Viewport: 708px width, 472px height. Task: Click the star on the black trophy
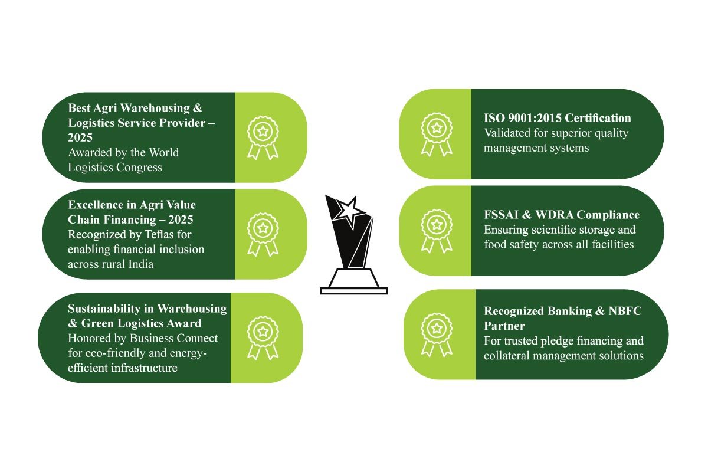(349, 210)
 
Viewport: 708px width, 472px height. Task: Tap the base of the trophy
(353, 281)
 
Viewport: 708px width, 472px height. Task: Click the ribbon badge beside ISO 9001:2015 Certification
(437, 135)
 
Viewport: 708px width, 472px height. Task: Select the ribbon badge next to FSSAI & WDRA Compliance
(437, 231)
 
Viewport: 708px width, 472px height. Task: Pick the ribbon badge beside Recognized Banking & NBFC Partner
(437, 335)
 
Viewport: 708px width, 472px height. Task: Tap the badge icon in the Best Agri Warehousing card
(263, 138)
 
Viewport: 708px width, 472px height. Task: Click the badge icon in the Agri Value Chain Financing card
(263, 235)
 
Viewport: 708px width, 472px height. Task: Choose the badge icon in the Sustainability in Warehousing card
(263, 338)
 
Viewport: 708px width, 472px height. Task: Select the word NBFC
(625, 311)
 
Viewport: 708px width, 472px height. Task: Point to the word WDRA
(555, 215)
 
